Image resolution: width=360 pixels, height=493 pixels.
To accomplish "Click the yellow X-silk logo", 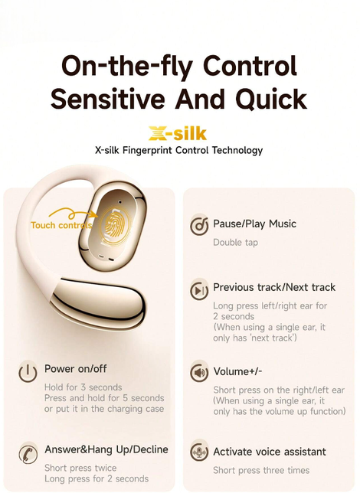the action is [178, 134].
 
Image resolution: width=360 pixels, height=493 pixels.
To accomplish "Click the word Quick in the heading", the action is [271, 99].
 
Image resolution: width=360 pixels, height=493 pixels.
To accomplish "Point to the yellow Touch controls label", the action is [62, 225].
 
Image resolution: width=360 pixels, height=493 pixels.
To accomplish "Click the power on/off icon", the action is [28, 373].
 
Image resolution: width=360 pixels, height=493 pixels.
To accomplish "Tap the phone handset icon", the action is [28, 453].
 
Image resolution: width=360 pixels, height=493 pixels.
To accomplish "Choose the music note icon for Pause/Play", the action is [199, 225].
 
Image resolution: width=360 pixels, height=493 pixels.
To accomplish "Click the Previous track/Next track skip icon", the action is [199, 290].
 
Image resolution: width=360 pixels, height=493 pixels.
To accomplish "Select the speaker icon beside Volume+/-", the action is [199, 372].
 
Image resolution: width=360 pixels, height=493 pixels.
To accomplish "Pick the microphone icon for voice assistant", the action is [199, 452].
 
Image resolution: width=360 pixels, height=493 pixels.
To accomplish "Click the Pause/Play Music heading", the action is [254, 224].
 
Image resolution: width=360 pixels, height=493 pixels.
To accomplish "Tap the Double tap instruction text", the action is [235, 243].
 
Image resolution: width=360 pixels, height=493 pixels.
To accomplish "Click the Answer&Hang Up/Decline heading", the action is [106, 449].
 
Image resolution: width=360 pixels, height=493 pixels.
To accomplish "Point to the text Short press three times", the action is [261, 470].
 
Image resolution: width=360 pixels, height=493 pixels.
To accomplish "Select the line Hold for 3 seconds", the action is [83, 387].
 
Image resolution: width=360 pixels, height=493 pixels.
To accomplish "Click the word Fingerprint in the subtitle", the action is [147, 150].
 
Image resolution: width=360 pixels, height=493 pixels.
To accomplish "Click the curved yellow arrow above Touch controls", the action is [73, 214].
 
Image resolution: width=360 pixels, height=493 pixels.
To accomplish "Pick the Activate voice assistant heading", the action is [270, 452].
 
